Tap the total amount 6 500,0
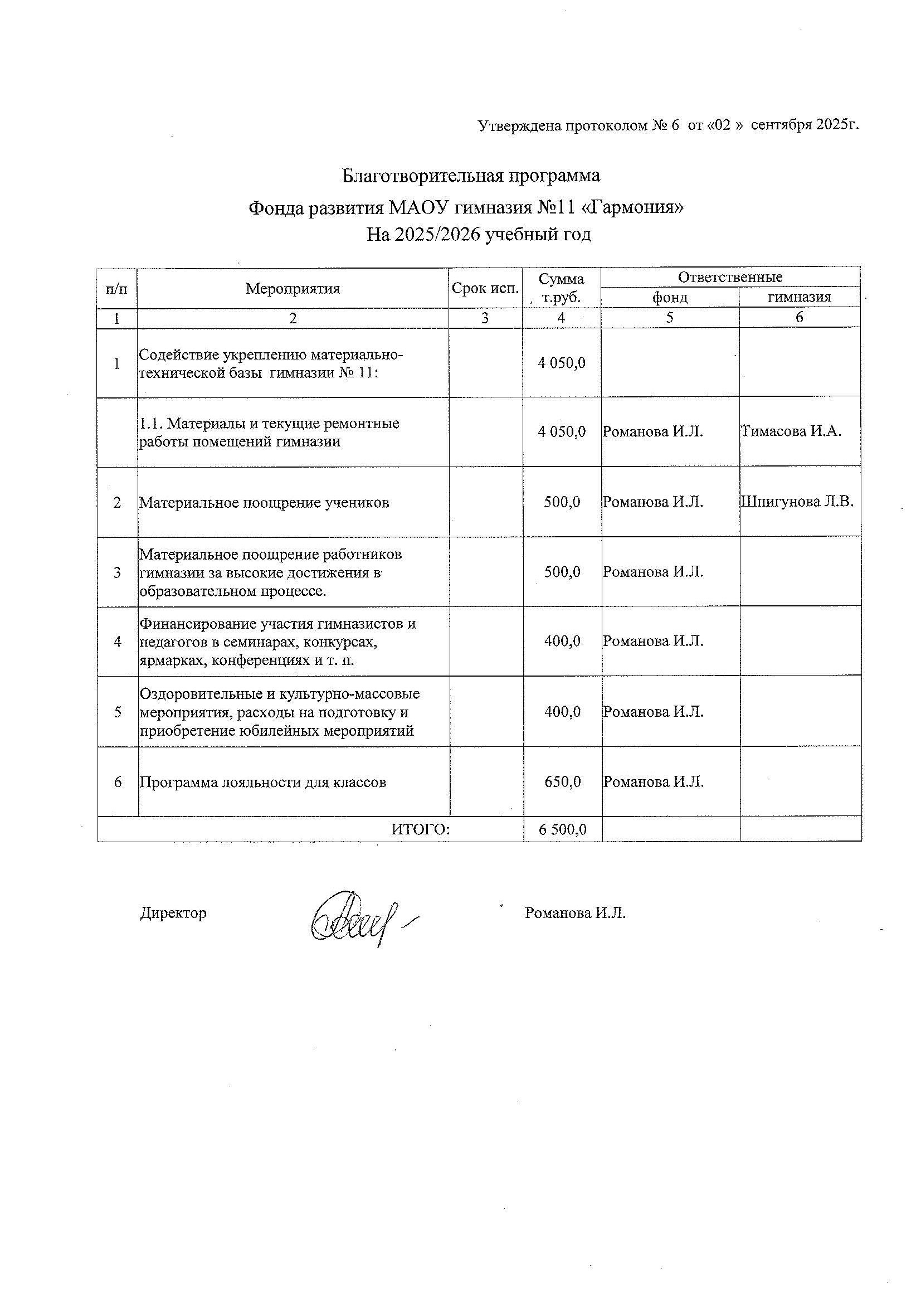coord(562,830)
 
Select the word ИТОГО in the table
coord(420,830)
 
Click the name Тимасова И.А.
coord(791,431)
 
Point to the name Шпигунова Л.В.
coord(797,502)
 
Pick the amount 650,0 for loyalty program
coord(562,782)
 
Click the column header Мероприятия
coord(293,289)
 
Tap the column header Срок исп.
coord(485,289)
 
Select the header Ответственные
coord(730,278)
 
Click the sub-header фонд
coord(670,297)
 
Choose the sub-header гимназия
coord(799,297)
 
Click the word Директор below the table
coord(173,913)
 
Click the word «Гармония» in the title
coord(634,208)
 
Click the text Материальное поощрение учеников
coord(264,503)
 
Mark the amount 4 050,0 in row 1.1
coord(562,432)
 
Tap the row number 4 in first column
coord(118,642)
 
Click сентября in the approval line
coord(782,125)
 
